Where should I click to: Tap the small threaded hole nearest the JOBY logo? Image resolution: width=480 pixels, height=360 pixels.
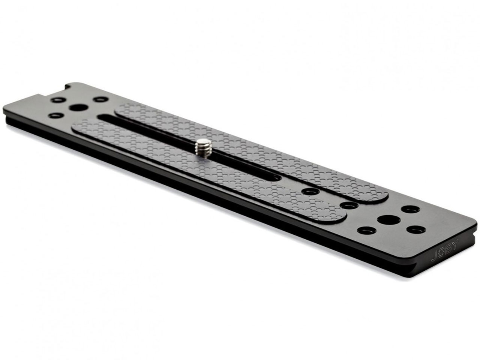coord(416,229)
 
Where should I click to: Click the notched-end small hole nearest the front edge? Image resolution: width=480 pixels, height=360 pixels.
coord(56,115)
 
